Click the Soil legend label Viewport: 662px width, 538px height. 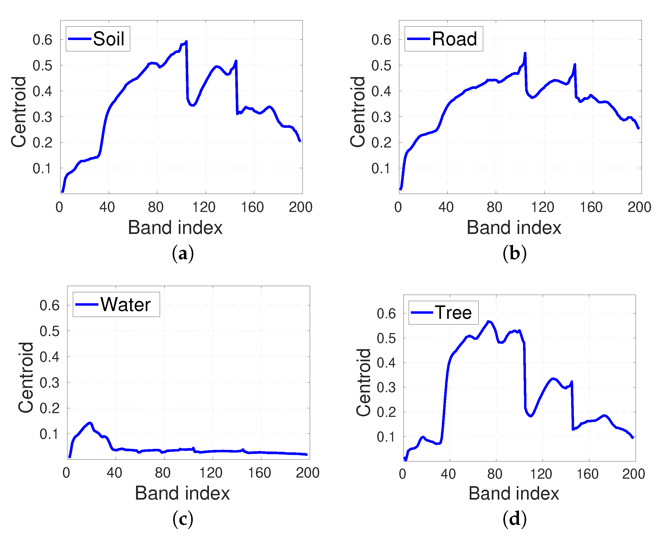click(109, 39)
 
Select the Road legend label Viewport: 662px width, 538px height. click(454, 39)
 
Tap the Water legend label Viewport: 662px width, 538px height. click(125, 304)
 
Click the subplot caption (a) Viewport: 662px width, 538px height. click(183, 254)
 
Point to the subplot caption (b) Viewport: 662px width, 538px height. click(514, 254)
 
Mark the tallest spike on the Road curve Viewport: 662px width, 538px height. click(525, 53)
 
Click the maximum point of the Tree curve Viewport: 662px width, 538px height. click(488, 321)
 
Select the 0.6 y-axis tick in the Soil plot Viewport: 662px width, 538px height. click(42, 40)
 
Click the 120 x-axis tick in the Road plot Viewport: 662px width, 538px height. click(543, 207)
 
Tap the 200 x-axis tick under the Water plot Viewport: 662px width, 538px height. click(307, 473)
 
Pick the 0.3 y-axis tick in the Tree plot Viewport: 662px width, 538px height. click(386, 388)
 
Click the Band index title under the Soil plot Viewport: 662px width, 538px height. click(175, 228)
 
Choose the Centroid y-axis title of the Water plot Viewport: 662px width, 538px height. click(26, 377)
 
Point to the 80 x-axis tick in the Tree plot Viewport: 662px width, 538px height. click(494, 474)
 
